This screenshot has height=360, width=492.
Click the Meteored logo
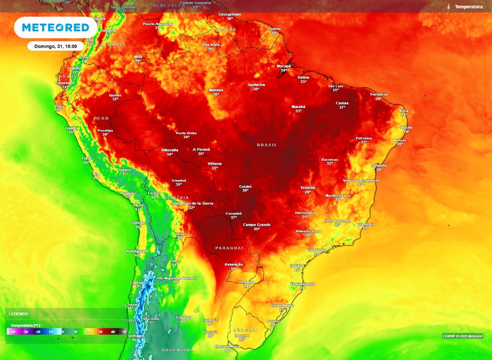tap(55, 27)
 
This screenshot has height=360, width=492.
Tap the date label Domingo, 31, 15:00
tap(56, 46)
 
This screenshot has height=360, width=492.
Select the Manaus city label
tap(216, 90)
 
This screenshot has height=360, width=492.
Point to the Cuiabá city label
tap(245, 186)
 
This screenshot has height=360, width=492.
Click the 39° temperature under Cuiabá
tap(245, 191)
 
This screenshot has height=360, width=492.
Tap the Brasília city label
tap(307, 187)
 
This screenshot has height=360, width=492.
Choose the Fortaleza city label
tap(379, 94)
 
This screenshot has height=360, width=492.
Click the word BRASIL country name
tap(267, 144)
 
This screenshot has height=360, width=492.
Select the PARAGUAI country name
tap(229, 248)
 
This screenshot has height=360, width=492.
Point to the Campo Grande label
tap(257, 225)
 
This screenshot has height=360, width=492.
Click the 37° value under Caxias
tap(342, 107)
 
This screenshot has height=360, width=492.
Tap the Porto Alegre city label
tap(282, 305)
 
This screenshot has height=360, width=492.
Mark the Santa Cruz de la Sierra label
tap(192, 204)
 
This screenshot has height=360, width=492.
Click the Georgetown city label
tap(230, 14)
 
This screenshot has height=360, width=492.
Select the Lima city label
tap(86, 158)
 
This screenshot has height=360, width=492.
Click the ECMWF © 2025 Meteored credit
tap(463, 336)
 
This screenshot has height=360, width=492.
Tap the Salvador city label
tap(379, 166)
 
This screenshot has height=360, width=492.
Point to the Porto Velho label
tap(186, 133)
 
